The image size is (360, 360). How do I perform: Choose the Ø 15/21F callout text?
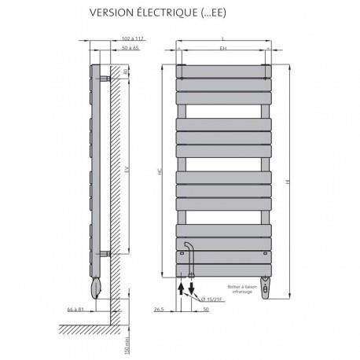pyautogui.click(x=212, y=298)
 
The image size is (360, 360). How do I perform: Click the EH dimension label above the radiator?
pyautogui.click(x=224, y=49)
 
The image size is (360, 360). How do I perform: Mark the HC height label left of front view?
pyautogui.click(x=160, y=168)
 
